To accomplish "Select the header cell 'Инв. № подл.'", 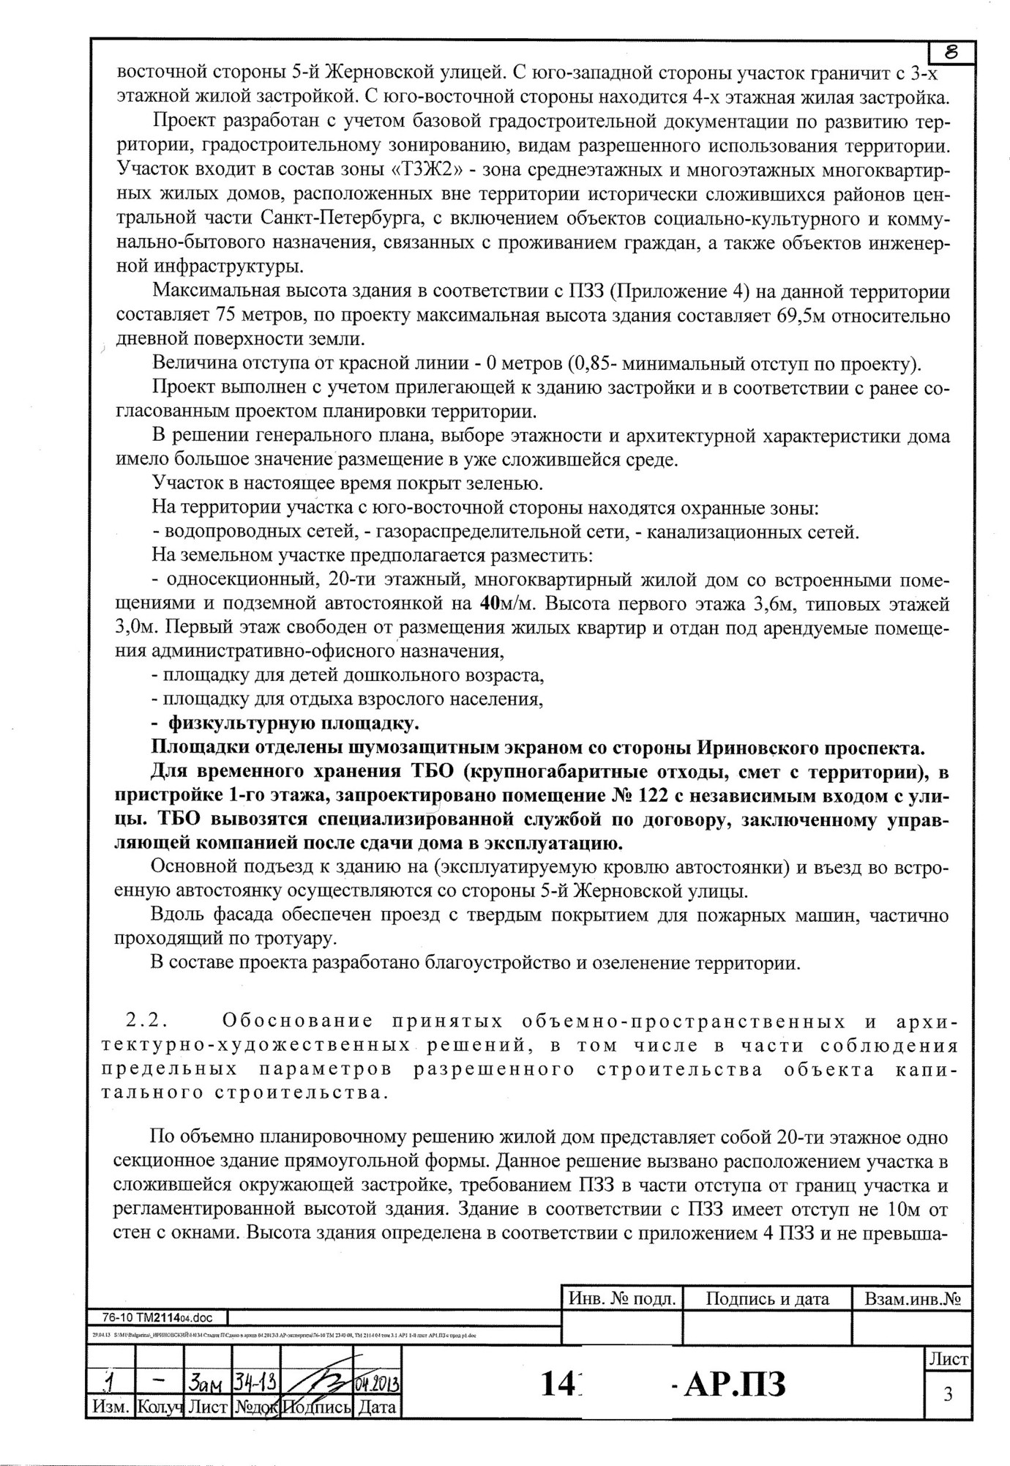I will coord(621,1299).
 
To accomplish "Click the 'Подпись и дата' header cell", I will coord(767,1299).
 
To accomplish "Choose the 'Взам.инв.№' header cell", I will coord(912,1299).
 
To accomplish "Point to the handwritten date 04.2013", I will coord(377,1385).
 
